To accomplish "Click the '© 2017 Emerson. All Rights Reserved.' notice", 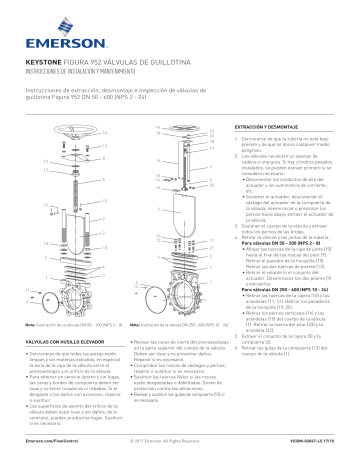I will [x=179, y=440].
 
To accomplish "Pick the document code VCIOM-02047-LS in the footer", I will [x=312, y=440].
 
